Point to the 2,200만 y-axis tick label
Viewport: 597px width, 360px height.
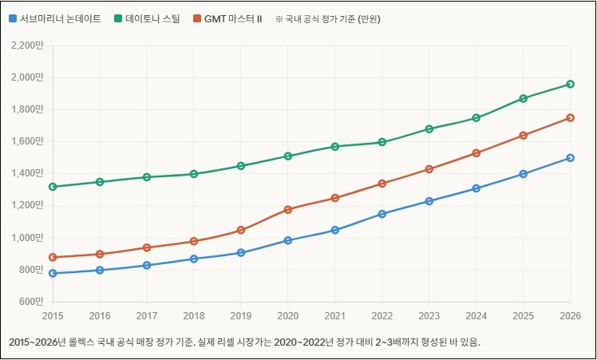pos(28,45)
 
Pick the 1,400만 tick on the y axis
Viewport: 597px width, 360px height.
pos(28,173)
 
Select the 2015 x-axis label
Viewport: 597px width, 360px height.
pos(53,315)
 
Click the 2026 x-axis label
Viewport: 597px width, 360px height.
pos(570,315)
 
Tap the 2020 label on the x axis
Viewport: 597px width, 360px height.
pos(288,315)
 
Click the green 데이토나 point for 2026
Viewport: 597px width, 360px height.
pos(570,84)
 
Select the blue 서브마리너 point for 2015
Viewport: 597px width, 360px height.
pos(53,273)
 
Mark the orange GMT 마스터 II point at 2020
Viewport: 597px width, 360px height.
pos(288,209)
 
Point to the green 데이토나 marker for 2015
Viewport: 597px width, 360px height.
pos(53,187)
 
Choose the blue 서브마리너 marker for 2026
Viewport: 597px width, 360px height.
pos(570,158)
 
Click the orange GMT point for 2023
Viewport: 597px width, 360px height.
pos(429,169)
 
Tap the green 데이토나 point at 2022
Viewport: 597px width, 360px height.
pos(382,142)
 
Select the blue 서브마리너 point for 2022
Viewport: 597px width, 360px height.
pos(382,214)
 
